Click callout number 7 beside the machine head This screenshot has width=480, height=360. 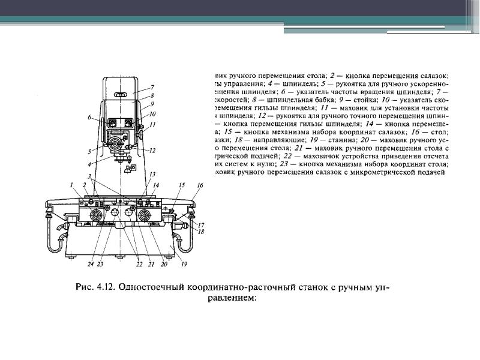pos(152,88)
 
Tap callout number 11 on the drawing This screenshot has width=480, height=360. pos(153,124)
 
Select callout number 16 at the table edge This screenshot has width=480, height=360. pos(200,187)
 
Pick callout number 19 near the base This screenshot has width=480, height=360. pos(184,265)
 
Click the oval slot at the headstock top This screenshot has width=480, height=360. pos(121,95)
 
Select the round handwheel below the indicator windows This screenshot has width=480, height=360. pos(115,143)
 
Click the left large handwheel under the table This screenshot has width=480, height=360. pos(95,214)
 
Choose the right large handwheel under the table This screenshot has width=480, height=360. pos(145,214)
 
